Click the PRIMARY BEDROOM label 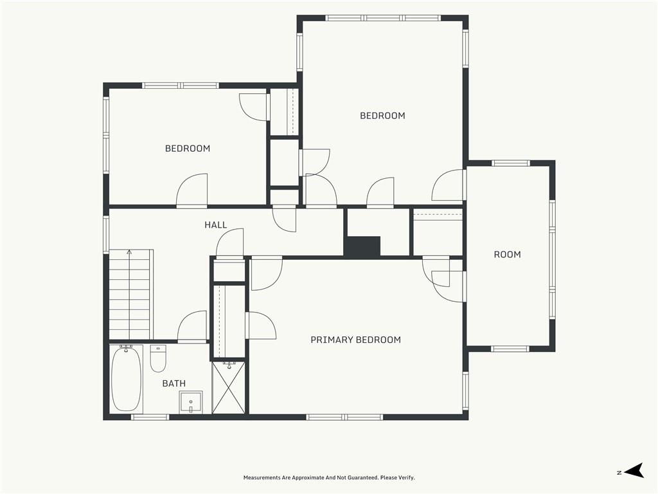pos(355,340)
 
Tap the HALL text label pos(216,224)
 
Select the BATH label pos(173,383)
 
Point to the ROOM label pos(508,254)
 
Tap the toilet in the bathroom pos(158,358)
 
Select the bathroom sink pos(190,402)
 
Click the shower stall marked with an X pos(228,388)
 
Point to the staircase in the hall pos(129,294)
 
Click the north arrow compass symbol pos(634,470)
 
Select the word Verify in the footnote pos(407,478)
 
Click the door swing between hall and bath pos(193,325)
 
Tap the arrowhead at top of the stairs pos(129,252)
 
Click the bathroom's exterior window pos(150,417)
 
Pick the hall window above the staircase pos(106,234)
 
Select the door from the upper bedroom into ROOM pos(449,185)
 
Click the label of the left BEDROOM pos(188,149)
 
